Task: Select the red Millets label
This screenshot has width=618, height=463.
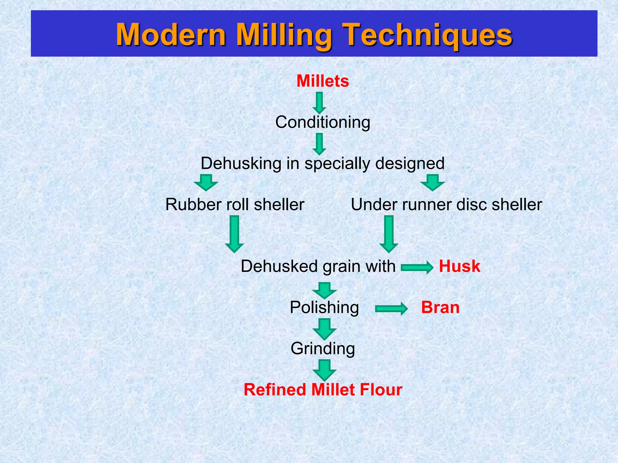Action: coord(323,81)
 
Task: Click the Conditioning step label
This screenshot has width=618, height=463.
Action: coord(323,122)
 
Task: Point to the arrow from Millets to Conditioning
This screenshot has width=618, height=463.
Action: coord(319,103)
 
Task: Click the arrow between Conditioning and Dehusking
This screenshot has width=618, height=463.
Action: coord(319,144)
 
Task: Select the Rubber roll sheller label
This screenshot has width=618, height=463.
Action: coord(235,204)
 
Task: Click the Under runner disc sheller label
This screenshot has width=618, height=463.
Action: coord(446,204)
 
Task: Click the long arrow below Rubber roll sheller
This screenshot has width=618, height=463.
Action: coord(234,234)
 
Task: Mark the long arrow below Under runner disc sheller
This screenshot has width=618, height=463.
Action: coord(389,234)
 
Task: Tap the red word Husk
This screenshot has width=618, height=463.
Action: coord(459,266)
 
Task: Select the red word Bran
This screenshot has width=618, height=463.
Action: coord(440,307)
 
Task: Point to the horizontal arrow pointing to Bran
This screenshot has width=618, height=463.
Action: coord(391,309)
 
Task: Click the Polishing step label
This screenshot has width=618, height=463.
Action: coord(324,307)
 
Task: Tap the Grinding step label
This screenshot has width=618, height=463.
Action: coord(323,348)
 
